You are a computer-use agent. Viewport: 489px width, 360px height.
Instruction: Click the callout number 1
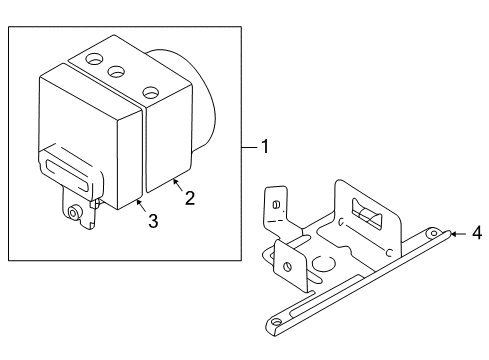point(265,147)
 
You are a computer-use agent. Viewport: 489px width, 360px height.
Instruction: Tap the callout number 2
point(190,198)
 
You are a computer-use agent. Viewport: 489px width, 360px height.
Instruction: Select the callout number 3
point(153,221)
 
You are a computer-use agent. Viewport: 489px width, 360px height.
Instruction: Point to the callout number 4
point(477,233)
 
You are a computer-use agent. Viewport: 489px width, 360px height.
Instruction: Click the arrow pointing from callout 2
point(178,185)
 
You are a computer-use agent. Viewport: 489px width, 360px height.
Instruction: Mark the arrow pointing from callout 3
point(141,205)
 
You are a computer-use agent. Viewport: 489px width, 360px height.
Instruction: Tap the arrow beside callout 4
point(459,234)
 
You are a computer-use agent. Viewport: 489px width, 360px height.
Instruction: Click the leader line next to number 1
point(250,147)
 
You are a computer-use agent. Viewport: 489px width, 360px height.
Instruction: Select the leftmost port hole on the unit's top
point(95,59)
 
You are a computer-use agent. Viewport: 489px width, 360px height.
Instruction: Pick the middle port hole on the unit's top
point(116,71)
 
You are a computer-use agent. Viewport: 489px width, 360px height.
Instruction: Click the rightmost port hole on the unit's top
point(151,93)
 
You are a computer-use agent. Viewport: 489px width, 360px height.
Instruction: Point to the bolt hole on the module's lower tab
point(73,212)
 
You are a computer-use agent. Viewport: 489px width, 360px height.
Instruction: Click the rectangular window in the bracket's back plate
point(367,215)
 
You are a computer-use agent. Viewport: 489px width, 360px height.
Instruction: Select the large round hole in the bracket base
point(323,263)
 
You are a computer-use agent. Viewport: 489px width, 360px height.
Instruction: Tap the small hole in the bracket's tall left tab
point(276,204)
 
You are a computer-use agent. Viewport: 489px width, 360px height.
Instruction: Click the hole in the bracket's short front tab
point(287,267)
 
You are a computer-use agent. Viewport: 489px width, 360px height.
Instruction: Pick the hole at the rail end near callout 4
point(434,233)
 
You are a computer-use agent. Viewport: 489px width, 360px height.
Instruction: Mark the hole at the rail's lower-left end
point(276,322)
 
